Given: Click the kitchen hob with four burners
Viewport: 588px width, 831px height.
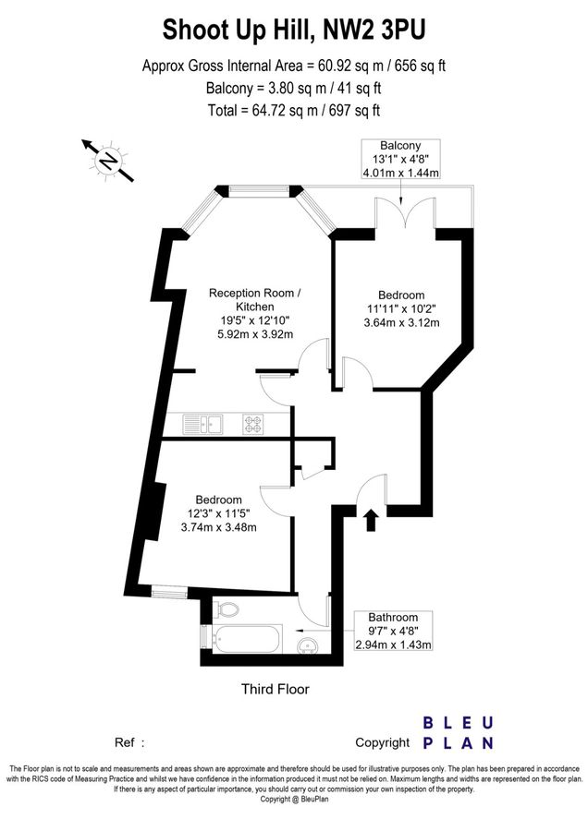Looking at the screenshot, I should coord(253,424).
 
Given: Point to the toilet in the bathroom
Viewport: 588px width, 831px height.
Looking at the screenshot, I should coord(224,609).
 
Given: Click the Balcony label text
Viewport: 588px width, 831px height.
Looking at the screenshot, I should coord(400,146).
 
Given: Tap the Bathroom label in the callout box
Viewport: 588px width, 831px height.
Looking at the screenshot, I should coord(393,617).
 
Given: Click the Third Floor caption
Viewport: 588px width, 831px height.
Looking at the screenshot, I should coord(275,689).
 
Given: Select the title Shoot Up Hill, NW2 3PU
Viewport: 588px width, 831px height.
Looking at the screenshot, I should coord(294,30).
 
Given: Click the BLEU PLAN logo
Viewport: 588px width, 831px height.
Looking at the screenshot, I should coord(458,733).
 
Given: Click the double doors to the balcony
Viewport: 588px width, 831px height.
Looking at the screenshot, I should coord(399,218).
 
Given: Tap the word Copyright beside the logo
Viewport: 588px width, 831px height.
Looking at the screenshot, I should coord(382,742).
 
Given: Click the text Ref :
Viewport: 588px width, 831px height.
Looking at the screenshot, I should coord(129,742).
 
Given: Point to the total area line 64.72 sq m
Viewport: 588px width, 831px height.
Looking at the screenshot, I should coord(294,111).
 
